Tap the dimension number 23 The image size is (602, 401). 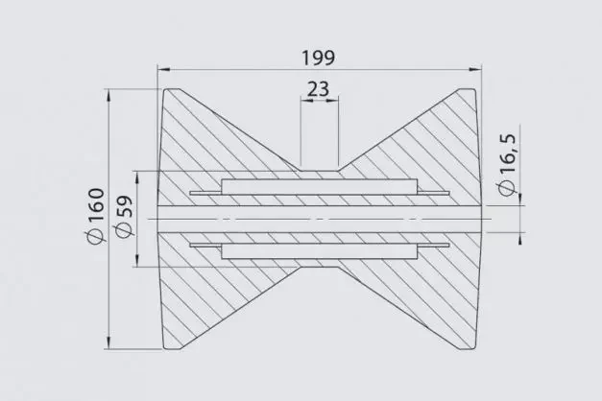coord(319,89)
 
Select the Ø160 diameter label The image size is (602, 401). coord(96,220)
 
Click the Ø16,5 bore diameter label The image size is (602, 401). coord(506,164)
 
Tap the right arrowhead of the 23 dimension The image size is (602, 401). coord(335,105)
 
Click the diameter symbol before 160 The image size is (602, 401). coord(96,241)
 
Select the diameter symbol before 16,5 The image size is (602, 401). coord(506,188)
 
